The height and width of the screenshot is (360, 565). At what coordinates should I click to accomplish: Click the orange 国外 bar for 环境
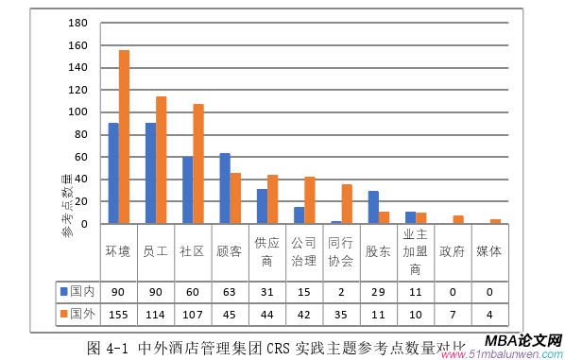tap(124, 137)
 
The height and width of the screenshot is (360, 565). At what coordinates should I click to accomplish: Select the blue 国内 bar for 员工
tap(150, 174)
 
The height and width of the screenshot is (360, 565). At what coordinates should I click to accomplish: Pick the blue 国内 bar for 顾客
tap(225, 189)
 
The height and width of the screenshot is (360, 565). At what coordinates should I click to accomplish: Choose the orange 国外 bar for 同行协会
tap(347, 204)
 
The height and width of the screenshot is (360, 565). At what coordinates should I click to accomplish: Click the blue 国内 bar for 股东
tap(373, 208)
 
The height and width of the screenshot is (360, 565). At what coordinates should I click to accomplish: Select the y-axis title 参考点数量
tap(67, 205)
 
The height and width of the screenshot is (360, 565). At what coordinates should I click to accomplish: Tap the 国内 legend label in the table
tap(81, 290)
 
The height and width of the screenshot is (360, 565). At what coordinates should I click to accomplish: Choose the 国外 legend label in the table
tap(81, 314)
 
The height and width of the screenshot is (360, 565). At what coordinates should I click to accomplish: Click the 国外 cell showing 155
tap(119, 314)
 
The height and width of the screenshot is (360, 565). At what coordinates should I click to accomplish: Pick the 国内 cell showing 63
tap(230, 290)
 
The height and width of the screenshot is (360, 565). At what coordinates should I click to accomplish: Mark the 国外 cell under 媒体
tap(489, 314)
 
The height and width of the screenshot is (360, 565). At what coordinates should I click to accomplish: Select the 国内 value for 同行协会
tap(341, 290)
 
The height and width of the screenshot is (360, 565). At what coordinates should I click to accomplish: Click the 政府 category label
tap(453, 251)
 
